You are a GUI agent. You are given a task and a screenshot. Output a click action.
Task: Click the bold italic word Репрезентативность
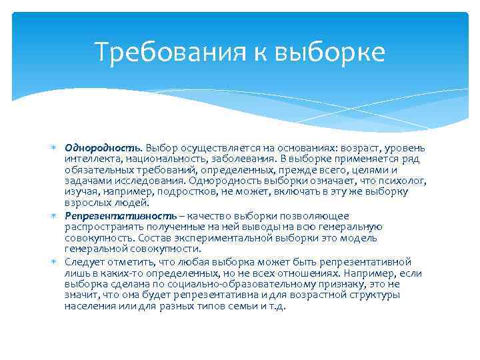(x=121, y=216)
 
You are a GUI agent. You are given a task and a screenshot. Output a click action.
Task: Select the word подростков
(x=183, y=192)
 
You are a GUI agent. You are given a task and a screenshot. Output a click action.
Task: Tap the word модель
(x=360, y=238)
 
